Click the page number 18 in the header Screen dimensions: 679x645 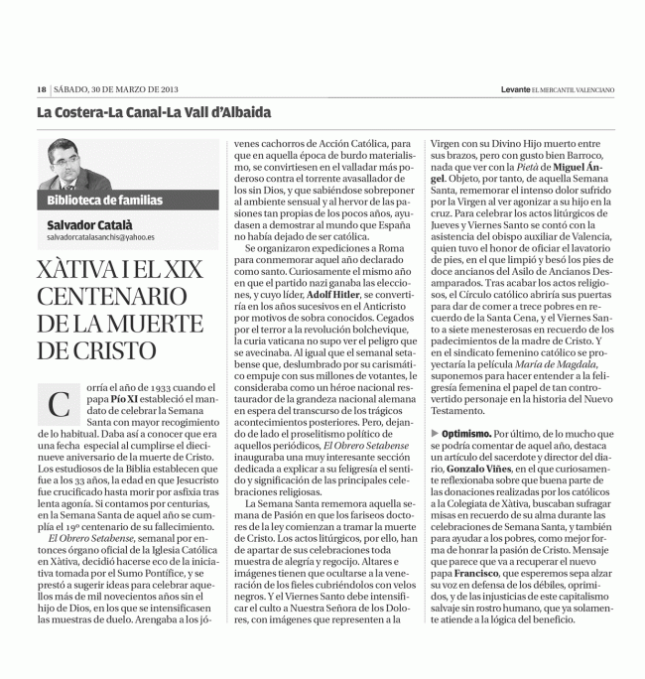[x=42, y=89]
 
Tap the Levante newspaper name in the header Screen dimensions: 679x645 [x=521, y=89]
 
